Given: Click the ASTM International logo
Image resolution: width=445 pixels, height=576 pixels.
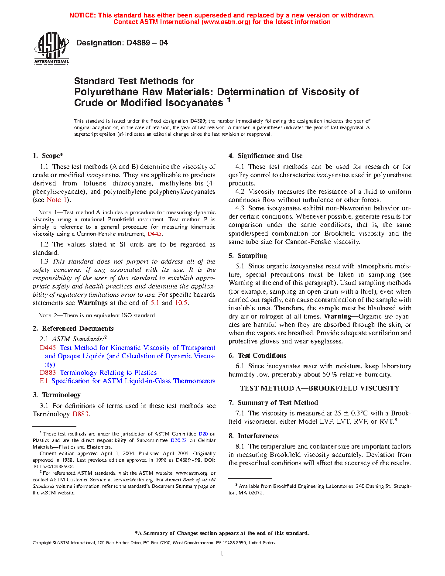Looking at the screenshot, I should (x=51, y=48).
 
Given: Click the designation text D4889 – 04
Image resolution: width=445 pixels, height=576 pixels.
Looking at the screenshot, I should (x=122, y=43).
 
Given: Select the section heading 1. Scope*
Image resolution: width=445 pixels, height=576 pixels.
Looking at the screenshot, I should (x=48, y=156).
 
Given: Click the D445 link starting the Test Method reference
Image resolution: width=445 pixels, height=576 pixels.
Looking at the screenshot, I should (x=48, y=348).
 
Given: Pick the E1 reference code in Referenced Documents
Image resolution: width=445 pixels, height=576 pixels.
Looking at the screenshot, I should (x=44, y=381).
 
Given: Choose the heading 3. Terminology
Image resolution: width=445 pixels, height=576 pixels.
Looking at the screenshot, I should (x=57, y=395).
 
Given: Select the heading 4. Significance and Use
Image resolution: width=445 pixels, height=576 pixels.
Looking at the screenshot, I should (x=265, y=156).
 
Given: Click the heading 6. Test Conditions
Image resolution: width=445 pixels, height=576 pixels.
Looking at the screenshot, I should (x=257, y=356).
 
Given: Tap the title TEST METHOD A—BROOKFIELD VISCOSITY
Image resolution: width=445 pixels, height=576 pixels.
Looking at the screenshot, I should (x=319, y=388).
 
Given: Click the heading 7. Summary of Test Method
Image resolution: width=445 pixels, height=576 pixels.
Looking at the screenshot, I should (x=273, y=403).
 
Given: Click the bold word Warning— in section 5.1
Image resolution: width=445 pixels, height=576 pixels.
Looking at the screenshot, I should (x=338, y=316).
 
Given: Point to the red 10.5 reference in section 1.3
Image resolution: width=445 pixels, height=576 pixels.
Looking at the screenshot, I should (x=181, y=303).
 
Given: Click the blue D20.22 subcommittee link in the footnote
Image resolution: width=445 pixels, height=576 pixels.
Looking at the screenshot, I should (x=178, y=440).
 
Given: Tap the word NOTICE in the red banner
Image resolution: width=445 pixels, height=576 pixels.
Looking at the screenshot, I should (x=82, y=15).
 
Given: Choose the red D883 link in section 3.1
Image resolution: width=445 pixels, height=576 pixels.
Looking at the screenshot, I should (x=80, y=414).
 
